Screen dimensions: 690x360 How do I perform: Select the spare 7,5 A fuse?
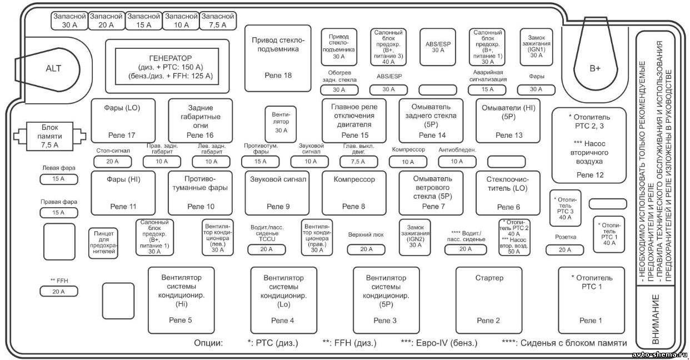tap(218, 21)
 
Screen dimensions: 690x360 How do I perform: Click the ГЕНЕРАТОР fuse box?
tap(167, 66)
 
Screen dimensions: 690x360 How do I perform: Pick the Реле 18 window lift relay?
tap(278, 58)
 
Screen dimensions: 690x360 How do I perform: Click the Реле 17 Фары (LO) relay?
tap(123, 121)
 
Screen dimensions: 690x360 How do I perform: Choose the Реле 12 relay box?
tap(589, 146)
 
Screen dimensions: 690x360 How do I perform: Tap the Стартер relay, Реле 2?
tap(489, 300)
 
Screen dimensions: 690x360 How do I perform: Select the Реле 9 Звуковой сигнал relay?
tap(277, 193)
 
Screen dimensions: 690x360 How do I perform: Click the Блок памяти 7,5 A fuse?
tap(49, 136)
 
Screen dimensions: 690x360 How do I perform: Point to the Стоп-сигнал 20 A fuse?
tap(112, 162)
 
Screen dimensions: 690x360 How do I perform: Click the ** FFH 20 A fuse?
tap(58, 291)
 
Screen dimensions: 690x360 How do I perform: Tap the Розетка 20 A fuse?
tap(564, 250)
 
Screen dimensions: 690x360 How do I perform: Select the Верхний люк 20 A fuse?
tap(366, 249)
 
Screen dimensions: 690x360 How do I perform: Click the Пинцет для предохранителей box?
tap(104, 243)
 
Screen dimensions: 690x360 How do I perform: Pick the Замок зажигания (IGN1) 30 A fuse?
tap(536, 47)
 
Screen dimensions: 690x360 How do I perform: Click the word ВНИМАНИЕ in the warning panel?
tap(656, 319)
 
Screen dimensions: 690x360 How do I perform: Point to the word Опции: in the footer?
tap(208, 343)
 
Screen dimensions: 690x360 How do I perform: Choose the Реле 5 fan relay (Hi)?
tap(181, 300)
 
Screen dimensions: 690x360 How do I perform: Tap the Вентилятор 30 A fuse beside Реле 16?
tap(281, 124)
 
